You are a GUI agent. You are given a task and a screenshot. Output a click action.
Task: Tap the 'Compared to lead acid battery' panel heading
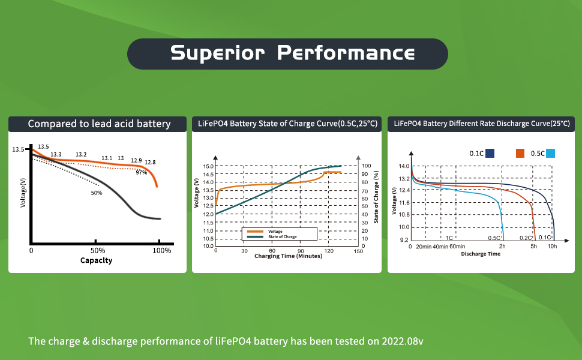coord(99,124)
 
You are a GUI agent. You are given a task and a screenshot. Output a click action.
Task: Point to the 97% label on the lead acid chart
coord(141,173)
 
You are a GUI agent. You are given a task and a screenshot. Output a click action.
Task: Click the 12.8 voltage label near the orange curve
coord(150,162)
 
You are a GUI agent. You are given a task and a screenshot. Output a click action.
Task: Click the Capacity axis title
coord(96,260)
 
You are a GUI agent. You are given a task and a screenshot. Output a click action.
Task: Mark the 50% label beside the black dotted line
coord(97,193)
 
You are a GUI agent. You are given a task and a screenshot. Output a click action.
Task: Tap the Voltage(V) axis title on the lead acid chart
coord(23,191)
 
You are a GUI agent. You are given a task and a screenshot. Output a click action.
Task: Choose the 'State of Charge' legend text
coord(282,236)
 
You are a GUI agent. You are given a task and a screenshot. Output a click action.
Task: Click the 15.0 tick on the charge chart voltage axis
coord(208,166)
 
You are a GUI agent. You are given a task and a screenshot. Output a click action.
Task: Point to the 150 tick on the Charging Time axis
coord(358,251)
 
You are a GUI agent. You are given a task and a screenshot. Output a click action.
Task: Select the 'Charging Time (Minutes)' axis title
coord(288,256)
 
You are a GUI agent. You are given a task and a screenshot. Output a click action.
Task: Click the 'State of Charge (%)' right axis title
coord(376,197)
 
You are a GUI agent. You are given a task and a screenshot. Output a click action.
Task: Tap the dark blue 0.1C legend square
coord(490,154)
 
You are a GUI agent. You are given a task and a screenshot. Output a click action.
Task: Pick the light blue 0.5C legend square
coord(551,154)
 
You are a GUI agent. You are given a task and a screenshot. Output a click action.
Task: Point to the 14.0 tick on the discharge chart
coord(404,166)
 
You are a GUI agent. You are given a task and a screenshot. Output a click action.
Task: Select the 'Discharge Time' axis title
coord(481,254)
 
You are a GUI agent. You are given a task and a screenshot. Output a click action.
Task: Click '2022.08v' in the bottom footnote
coord(404,341)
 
